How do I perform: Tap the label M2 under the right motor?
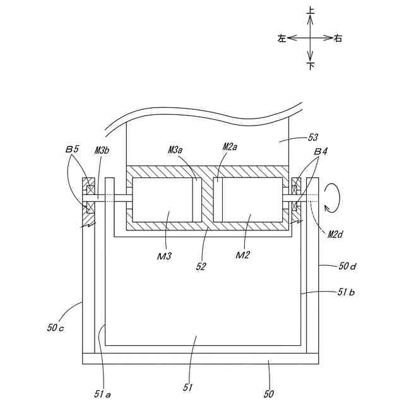click(243, 255)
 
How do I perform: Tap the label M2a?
click(230, 146)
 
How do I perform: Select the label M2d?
click(335, 234)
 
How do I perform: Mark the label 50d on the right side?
click(347, 267)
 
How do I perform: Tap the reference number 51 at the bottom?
click(187, 387)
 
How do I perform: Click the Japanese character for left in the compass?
click(281, 39)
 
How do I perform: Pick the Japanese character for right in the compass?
click(338, 39)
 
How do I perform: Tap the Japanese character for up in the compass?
click(310, 10)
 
